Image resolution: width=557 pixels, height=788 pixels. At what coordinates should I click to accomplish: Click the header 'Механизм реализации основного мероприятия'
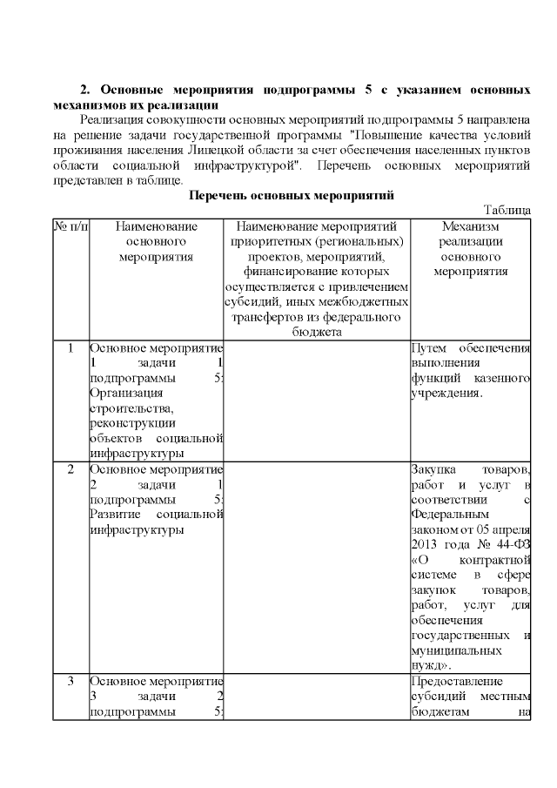pos(470,248)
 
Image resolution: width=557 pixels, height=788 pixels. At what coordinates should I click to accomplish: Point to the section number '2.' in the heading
pos(85,91)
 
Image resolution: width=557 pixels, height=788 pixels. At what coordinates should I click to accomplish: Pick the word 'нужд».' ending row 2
pos(430,664)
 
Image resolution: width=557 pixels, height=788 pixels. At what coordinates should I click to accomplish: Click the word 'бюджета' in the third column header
pos(317,332)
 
